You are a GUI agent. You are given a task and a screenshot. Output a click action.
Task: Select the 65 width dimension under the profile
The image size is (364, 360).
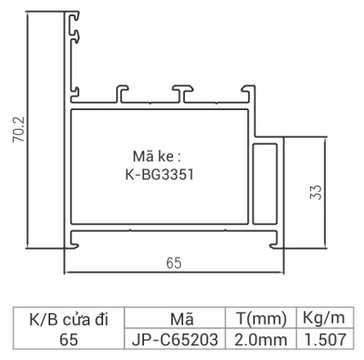click(x=173, y=264)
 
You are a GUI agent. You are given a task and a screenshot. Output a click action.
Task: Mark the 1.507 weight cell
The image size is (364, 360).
click(x=323, y=340)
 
